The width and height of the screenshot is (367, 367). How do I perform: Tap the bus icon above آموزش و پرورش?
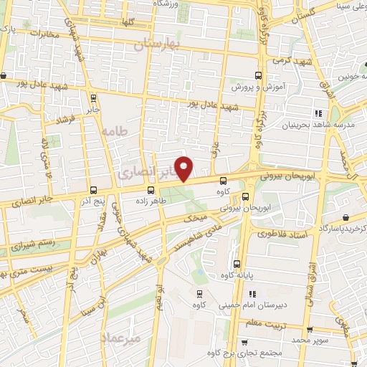point(259,75)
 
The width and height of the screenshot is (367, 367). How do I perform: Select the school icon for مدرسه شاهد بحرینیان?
point(316,113)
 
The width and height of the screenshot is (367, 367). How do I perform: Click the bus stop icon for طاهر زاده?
point(151,190)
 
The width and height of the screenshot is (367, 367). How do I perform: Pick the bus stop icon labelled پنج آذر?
point(94,190)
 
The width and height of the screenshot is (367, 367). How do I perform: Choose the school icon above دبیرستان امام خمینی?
point(252,294)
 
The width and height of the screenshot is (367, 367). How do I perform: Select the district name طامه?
point(114,131)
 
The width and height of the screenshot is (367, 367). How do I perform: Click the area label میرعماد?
point(123,337)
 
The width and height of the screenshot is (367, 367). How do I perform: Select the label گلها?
point(128,23)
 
